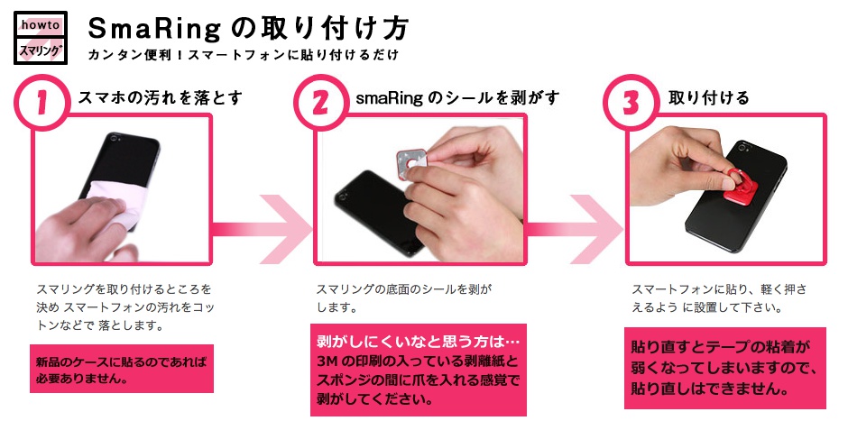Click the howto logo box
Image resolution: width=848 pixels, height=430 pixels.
40,37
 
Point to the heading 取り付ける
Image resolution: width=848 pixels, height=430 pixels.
709,98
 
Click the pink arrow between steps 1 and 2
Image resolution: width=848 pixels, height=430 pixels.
271,225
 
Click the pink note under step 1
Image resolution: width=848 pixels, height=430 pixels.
122,369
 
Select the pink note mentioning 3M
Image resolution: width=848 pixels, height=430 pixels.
418,371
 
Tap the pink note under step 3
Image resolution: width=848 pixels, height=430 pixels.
724,368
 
